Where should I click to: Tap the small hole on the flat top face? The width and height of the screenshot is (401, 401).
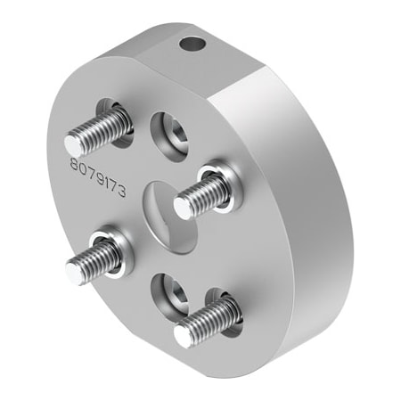point(188,42)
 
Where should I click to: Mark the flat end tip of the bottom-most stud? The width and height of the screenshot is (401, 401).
point(184,335)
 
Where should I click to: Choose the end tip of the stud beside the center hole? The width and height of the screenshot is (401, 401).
point(183,207)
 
